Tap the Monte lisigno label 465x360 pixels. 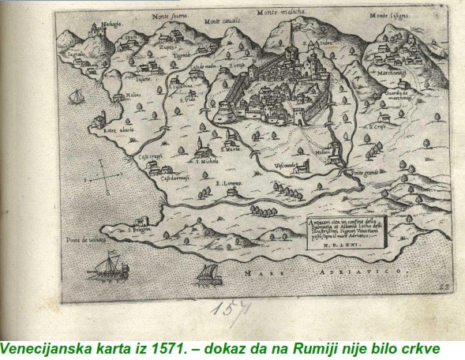pyautogui.click(x=392, y=17)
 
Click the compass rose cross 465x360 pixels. pyautogui.click(x=105, y=178)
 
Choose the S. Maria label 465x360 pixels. pyautogui.click(x=231, y=148)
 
